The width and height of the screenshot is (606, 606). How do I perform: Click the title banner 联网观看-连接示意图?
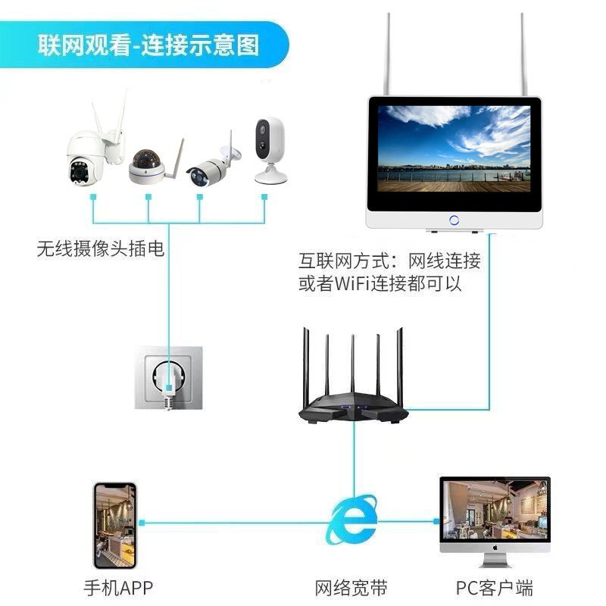[148, 45]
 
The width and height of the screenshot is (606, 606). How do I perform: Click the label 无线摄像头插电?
[100, 248]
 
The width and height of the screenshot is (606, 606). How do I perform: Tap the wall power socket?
[169, 377]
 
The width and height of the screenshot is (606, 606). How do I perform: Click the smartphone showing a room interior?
[114, 526]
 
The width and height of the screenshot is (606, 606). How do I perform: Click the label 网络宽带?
[351, 587]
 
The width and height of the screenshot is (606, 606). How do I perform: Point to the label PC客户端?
[494, 587]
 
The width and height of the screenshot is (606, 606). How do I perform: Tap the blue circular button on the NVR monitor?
[454, 220]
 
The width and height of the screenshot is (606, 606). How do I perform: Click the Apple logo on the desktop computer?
[495, 547]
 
